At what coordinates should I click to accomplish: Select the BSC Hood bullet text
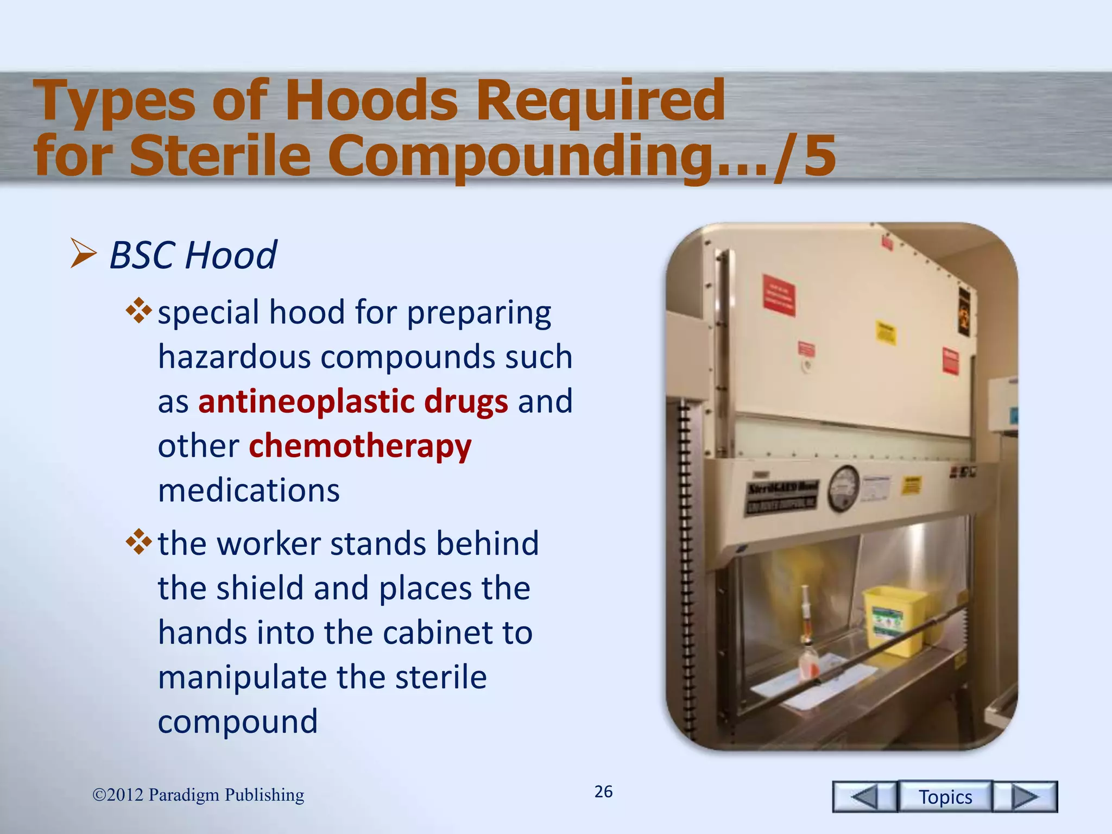[193, 255]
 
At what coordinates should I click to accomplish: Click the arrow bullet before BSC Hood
[83, 254]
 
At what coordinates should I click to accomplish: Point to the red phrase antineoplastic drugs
[353, 402]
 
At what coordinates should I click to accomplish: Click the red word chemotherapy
[360, 446]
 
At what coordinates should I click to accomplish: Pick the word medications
[249, 490]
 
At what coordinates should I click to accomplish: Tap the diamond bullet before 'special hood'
[138, 311]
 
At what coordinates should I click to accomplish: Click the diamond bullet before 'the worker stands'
[138, 541]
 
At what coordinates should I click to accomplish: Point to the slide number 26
[603, 792]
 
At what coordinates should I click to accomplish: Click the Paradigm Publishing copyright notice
[198, 795]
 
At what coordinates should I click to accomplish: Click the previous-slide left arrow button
[864, 797]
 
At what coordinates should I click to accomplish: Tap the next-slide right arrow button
[1025, 797]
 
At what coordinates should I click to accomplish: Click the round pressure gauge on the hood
[843, 489]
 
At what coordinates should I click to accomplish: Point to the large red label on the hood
[779, 294]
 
